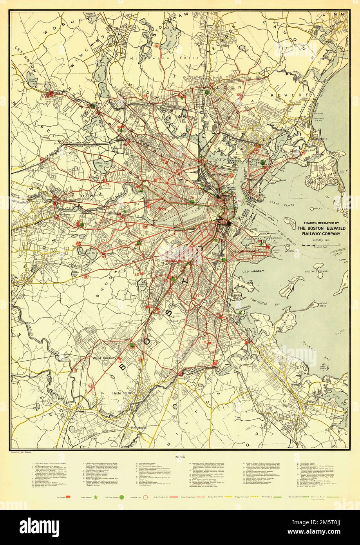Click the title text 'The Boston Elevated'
point(318,229)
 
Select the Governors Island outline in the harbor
point(291,224)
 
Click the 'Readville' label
point(139,427)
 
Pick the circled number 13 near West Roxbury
point(91,386)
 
